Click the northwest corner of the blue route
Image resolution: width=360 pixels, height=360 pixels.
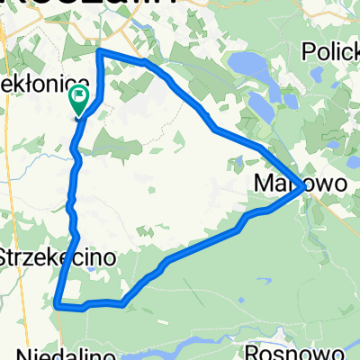tap(98, 51)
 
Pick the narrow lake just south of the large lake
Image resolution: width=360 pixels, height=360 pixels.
tap(261, 105)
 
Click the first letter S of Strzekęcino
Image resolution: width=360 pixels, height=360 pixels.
tap(8, 256)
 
